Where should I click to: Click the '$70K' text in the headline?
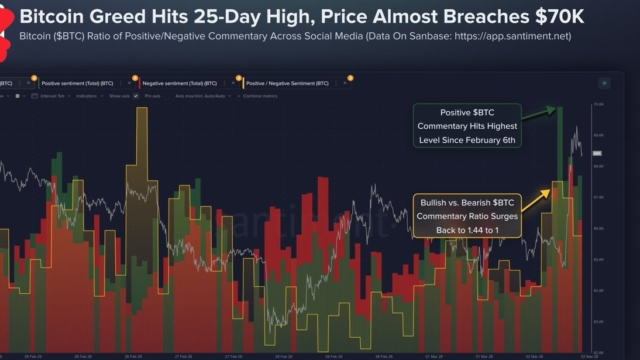click(x=559, y=16)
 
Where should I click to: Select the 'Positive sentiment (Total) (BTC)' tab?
click(x=77, y=83)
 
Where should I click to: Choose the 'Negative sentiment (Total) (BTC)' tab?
click(x=180, y=83)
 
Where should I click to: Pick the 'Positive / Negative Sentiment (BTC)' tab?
click(x=287, y=83)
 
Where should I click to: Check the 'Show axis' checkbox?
click(x=136, y=96)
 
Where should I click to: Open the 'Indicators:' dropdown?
click(x=90, y=96)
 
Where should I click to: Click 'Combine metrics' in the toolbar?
click(x=260, y=96)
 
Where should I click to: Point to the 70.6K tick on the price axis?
click(x=598, y=104)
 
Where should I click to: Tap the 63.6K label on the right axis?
click(x=598, y=321)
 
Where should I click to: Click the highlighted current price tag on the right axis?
click(x=597, y=153)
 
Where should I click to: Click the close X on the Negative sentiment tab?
click(x=233, y=83)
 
